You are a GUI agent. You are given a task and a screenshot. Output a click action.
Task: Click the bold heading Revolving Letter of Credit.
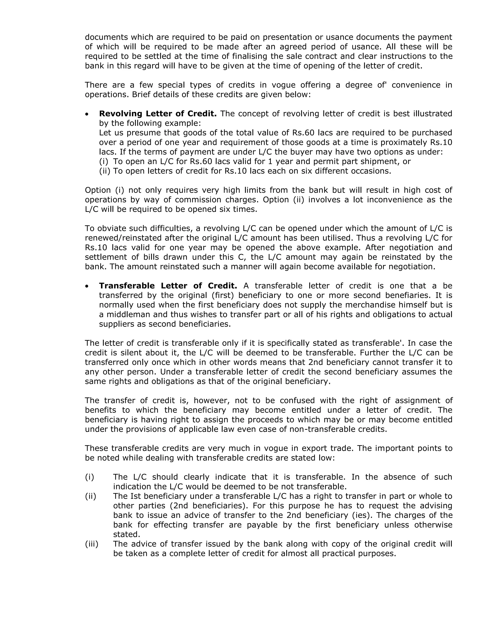tap(158, 114)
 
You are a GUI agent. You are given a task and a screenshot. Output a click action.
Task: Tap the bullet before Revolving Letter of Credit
tap(87, 114)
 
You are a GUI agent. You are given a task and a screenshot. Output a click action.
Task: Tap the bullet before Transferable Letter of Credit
tap(87, 286)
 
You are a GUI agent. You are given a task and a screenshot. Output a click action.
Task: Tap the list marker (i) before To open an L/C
tap(104, 162)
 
